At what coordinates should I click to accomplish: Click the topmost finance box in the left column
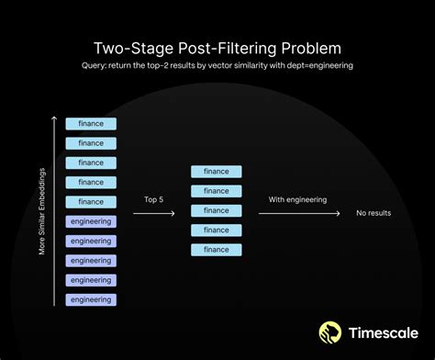pyautogui.click(x=91, y=123)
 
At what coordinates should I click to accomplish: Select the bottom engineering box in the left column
pyautogui.click(x=91, y=299)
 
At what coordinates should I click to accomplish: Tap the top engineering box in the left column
pyautogui.click(x=91, y=221)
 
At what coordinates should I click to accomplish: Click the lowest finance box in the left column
pyautogui.click(x=91, y=201)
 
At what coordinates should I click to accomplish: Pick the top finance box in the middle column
pyautogui.click(x=217, y=172)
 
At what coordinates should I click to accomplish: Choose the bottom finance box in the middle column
pyautogui.click(x=217, y=250)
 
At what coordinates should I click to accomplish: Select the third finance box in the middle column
pyautogui.click(x=217, y=210)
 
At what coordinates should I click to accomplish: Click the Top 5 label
pyautogui.click(x=154, y=198)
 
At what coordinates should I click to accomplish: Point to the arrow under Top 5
pyautogui.click(x=154, y=213)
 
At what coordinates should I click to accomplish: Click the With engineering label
pyautogui.click(x=297, y=198)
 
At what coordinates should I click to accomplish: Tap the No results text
pyautogui.click(x=374, y=213)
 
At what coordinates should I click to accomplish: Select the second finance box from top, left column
pyautogui.click(x=91, y=142)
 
